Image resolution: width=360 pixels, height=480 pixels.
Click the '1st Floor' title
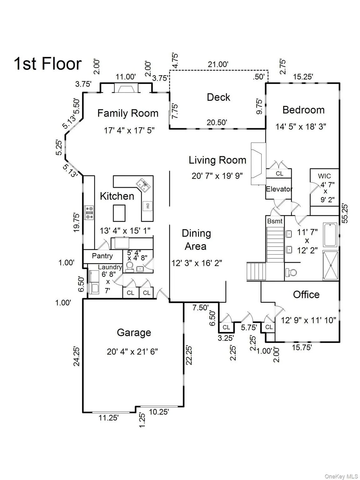[47, 64]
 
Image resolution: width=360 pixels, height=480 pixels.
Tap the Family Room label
[127, 113]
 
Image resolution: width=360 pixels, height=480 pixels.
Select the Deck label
[218, 97]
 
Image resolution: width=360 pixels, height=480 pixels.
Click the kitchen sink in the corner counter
[143, 185]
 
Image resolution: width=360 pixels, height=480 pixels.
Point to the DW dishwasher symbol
[147, 206]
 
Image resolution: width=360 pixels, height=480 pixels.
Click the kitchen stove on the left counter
[89, 212]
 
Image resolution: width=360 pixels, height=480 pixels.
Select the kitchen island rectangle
[119, 213]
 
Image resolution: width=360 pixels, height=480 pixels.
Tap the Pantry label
[102, 256]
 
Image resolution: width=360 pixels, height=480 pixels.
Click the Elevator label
[279, 189]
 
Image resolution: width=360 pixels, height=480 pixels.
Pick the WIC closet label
[324, 176]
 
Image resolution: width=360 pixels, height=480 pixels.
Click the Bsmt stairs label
[275, 221]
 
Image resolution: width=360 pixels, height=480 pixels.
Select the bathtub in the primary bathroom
[330, 235]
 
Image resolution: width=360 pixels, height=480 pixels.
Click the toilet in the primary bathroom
[292, 272]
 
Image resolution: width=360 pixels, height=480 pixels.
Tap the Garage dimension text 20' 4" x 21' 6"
[132, 352]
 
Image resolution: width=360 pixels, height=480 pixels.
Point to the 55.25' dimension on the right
[344, 213]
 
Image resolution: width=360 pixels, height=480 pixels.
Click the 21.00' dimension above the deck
[218, 64]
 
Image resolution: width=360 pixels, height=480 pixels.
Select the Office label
[306, 294]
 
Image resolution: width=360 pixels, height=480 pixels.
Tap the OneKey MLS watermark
[341, 476]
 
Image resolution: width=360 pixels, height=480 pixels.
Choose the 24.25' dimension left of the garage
[77, 356]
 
